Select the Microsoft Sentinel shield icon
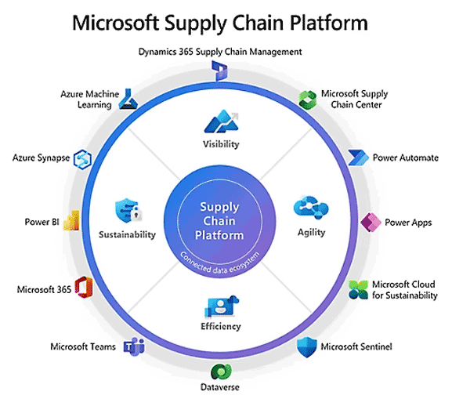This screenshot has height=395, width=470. click(x=306, y=346)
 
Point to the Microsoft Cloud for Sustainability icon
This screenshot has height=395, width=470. click(x=359, y=289)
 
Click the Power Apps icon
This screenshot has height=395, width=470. click(x=370, y=222)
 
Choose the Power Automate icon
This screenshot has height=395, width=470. click(x=358, y=158)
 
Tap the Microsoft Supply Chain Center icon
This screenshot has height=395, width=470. click(x=307, y=99)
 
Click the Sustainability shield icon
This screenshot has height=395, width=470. click(x=127, y=211)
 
